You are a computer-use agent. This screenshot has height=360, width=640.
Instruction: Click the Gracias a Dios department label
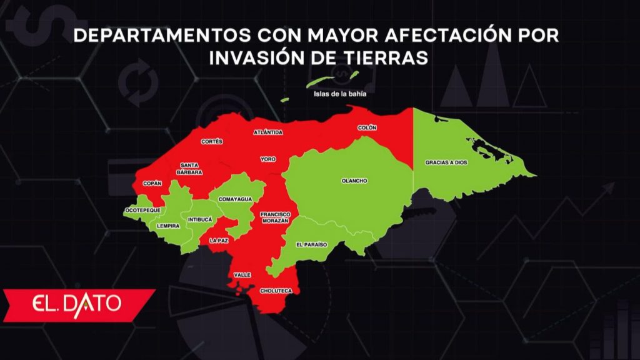[446, 162]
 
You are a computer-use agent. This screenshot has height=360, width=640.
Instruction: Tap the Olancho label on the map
[354, 181]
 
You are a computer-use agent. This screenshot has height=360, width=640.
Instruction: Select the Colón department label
[367, 127]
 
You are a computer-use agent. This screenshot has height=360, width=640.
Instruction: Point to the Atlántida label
[268, 132]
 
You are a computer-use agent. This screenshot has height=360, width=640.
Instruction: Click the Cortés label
[212, 142]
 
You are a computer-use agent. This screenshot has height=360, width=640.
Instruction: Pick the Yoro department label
[268, 159]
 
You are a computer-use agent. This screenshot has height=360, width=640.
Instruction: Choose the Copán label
[152, 183]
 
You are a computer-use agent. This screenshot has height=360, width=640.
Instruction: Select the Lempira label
[169, 225]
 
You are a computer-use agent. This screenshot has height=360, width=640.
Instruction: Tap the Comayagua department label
[235, 199]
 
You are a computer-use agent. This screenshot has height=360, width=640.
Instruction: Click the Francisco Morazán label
[274, 217]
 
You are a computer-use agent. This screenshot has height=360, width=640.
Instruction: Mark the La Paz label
[219, 240]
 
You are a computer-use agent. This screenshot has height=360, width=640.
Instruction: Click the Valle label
[242, 275]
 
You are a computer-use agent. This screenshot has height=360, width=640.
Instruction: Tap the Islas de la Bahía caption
[340, 96]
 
